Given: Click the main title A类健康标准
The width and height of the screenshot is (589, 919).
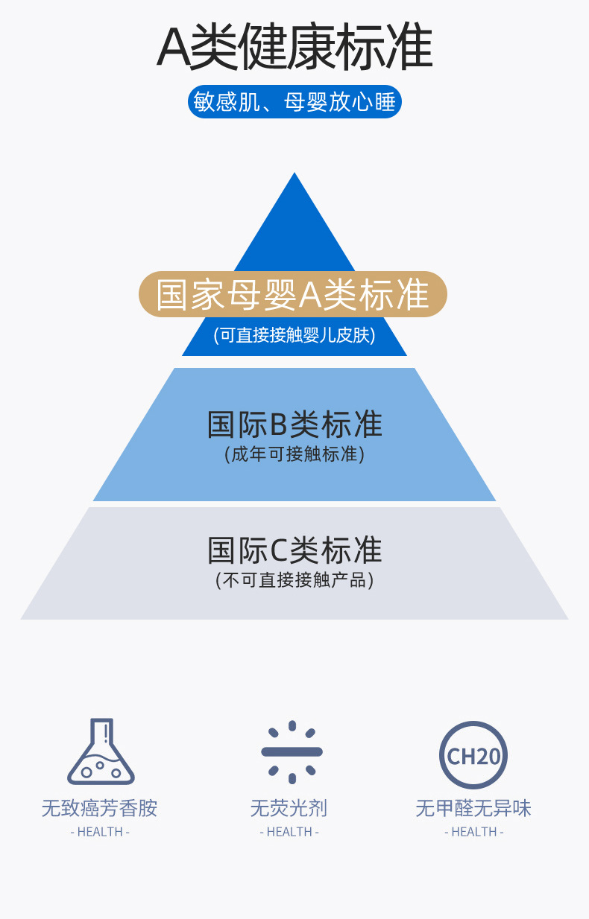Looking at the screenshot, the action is (x=294, y=48).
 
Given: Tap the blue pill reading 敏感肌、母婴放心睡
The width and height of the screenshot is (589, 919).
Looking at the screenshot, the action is (x=294, y=102).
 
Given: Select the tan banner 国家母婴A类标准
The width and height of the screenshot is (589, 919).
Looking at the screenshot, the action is (x=293, y=294).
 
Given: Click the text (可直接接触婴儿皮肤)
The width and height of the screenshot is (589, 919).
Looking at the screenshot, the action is (x=294, y=335).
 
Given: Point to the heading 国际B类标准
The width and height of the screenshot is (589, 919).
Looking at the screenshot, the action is (x=294, y=424).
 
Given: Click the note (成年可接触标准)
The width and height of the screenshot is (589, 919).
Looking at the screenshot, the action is (x=294, y=454).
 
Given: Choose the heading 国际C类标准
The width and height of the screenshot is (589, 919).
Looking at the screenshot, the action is (x=294, y=550).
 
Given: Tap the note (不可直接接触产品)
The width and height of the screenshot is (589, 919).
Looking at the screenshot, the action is (x=294, y=579).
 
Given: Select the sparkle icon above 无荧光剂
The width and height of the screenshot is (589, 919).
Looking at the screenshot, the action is (x=292, y=751).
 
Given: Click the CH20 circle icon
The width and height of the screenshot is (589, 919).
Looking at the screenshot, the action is (x=473, y=755).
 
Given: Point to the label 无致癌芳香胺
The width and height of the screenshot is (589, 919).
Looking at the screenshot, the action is (x=100, y=808).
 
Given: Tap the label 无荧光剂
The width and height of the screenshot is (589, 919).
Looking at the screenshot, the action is (x=289, y=808).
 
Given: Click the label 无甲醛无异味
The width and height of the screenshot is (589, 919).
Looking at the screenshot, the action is (x=473, y=808).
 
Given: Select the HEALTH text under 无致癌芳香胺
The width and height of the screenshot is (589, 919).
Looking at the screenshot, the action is (x=100, y=832).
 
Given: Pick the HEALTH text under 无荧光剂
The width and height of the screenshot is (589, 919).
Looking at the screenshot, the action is (x=289, y=832).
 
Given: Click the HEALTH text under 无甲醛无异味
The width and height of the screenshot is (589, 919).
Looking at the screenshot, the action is (x=474, y=832).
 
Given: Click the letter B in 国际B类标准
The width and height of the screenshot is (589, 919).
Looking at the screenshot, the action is (x=278, y=425).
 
